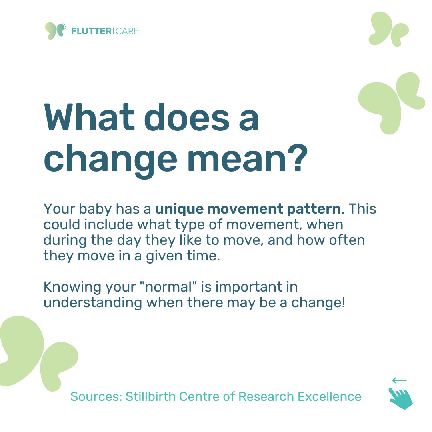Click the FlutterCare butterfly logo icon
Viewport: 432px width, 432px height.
55,31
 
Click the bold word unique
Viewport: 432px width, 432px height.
176,209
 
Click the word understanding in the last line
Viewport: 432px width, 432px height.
93,303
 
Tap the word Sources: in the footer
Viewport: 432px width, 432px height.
96,396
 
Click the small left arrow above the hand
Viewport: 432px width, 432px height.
399,380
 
